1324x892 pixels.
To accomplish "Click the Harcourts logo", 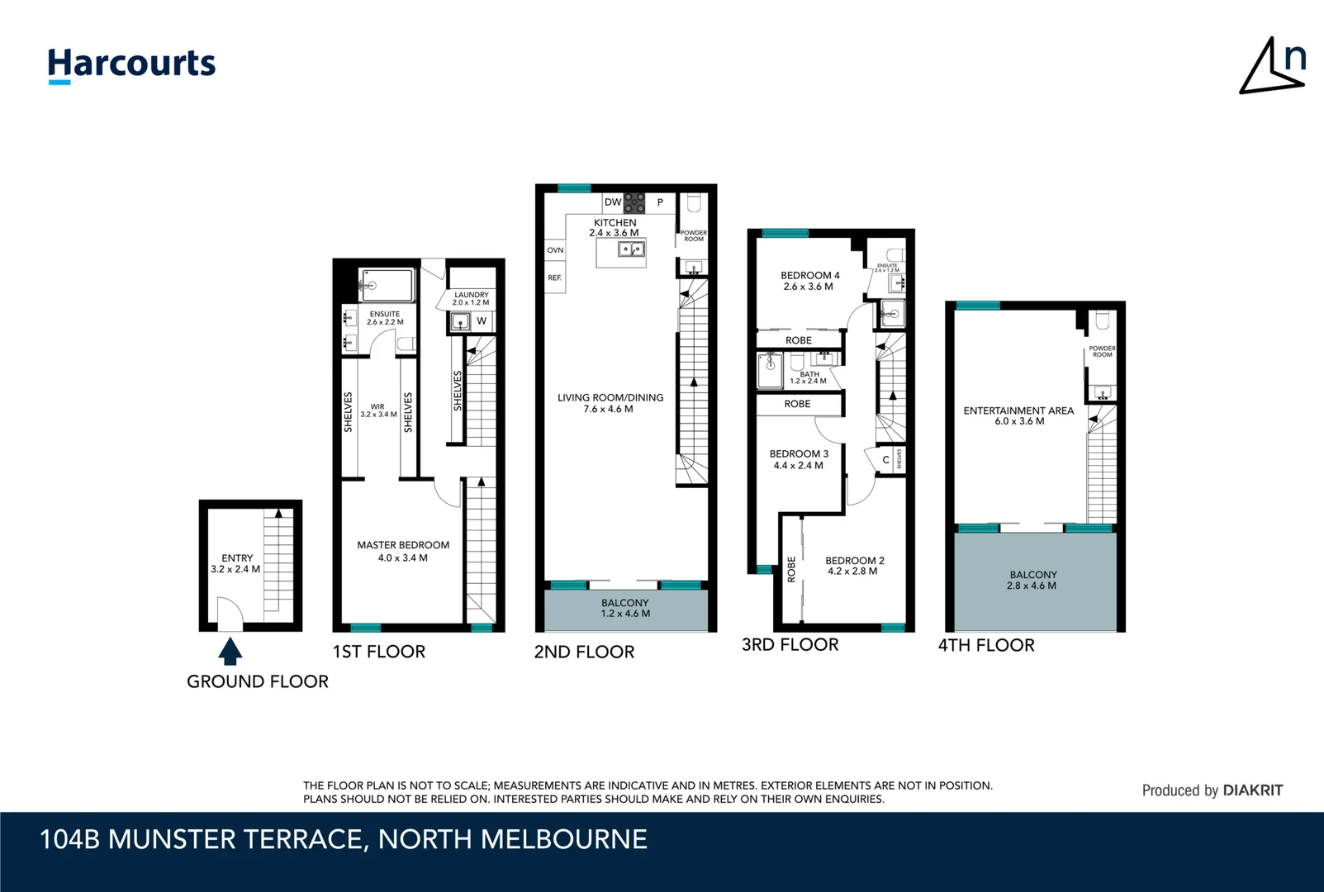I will coord(131,64).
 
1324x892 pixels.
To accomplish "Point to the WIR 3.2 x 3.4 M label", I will coord(378,410).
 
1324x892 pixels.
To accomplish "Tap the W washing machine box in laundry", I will coord(482,320).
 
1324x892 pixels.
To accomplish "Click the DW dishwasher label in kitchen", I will coord(612,202).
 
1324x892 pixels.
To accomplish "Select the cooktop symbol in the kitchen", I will coord(634,202).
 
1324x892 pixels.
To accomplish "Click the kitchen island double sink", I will coord(632,249).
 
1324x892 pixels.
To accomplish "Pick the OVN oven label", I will coord(555,250).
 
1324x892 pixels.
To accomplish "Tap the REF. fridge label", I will coord(555,278).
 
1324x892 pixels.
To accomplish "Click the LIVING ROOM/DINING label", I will coord(610,403).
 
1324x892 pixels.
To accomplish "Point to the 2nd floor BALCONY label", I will coord(625,608).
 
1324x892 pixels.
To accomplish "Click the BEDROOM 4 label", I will coord(809,281).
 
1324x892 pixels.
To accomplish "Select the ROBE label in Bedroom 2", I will coord(791,569).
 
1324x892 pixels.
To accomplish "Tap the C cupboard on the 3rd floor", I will coord(885,460).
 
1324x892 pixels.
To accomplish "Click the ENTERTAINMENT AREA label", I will coord(1018,415).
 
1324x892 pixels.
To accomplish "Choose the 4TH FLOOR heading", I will coord(986,645).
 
